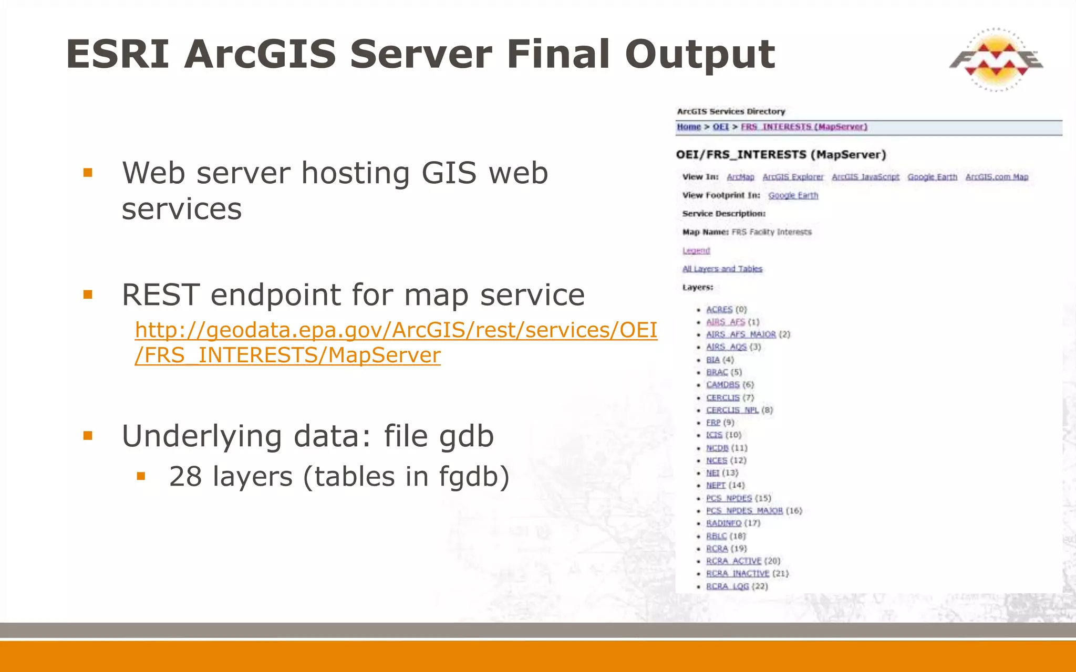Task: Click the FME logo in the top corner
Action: [996, 60]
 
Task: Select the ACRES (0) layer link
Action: [719, 310]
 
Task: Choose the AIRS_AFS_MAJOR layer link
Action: [740, 334]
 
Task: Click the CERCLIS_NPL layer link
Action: [732, 410]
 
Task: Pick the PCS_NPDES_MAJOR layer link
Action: [744, 511]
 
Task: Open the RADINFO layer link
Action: [723, 523]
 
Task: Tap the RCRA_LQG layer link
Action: [727, 586]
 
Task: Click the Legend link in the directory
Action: [696, 250]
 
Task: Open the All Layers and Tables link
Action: [722, 269]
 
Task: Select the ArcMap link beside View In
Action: [740, 177]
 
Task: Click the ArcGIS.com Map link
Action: [997, 177]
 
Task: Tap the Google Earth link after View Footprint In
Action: [793, 195]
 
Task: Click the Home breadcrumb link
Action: [689, 127]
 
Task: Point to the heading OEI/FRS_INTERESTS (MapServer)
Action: [781, 155]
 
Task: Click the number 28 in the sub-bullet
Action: [185, 477]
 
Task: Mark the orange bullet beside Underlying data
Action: [88, 435]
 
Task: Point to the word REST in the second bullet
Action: [160, 295]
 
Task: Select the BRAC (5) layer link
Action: [717, 372]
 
